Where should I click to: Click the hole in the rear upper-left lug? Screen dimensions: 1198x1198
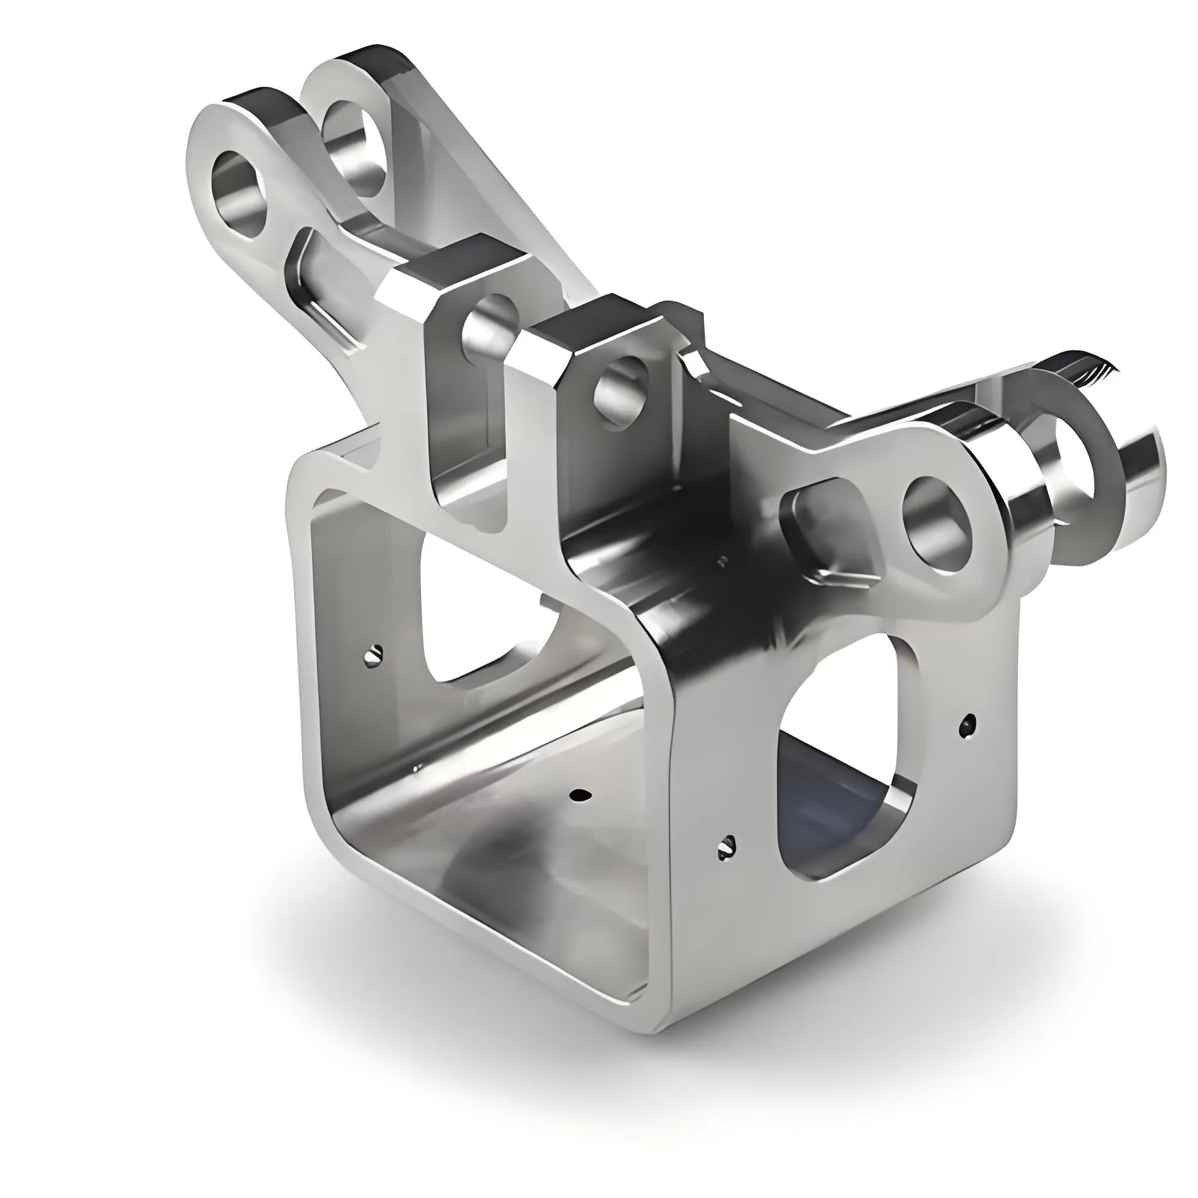pos(353,144)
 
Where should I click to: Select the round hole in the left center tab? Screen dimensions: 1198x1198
pos(491,331)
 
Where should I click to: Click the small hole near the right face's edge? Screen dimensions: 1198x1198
pos(968,725)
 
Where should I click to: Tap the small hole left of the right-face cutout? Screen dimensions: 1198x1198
pos(727,846)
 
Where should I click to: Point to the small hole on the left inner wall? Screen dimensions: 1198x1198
pos(373,654)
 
